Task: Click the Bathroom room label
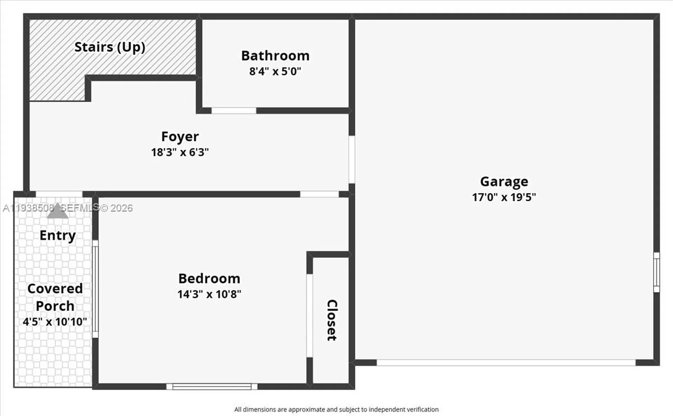pos(275,56)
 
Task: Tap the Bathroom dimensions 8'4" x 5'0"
pos(275,71)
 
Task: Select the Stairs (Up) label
pos(110,47)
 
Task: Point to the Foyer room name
pos(180,137)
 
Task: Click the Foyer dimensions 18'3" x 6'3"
pos(180,152)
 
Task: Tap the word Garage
pos(504,181)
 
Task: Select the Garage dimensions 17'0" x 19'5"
pos(504,197)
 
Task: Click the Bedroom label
pos(209,278)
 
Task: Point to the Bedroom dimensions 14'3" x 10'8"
pos(209,294)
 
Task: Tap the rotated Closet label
pos(332,320)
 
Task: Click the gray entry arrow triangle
pos(57,212)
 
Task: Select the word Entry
pos(57,235)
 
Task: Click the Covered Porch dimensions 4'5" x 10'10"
pos(55,321)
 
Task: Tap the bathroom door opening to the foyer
pos(234,111)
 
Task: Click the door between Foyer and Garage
pos(352,159)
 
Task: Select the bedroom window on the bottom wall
pos(212,386)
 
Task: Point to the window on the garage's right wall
pos(657,272)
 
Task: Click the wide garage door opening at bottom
pos(506,362)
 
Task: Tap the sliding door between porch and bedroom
pos(95,289)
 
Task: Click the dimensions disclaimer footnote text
pos(336,409)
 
